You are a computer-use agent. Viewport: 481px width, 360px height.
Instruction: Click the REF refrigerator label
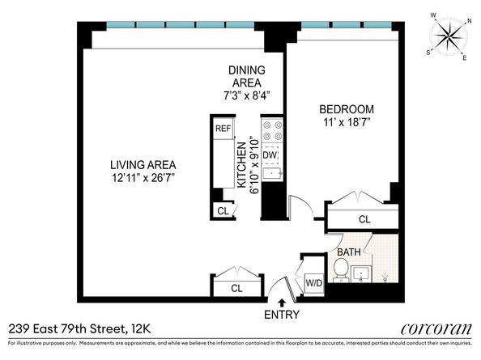coord(222,128)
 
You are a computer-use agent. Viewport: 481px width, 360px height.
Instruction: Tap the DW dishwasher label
coord(270,154)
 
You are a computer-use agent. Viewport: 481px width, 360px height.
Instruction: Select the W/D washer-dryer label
coord(313,283)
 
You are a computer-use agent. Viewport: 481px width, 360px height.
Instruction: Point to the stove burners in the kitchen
coord(270,130)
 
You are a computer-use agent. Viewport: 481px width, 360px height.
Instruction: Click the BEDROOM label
coord(346,109)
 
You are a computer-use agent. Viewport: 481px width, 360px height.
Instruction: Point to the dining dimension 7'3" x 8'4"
coord(246,95)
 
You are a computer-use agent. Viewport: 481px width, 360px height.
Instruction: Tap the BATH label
coord(349,252)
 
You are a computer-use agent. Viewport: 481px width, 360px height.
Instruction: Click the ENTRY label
coord(282,315)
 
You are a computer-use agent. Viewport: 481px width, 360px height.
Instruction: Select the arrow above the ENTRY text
coord(282,303)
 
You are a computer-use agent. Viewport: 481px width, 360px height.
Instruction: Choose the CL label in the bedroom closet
coord(364,219)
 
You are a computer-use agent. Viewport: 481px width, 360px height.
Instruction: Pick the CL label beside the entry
coord(237,288)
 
